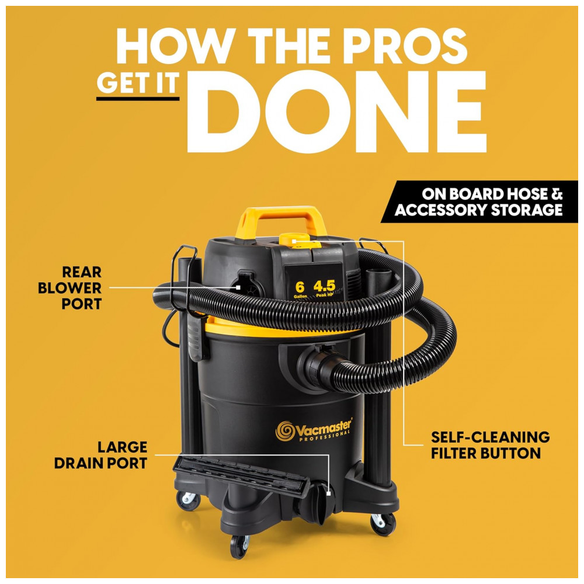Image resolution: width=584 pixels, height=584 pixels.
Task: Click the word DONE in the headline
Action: [336, 112]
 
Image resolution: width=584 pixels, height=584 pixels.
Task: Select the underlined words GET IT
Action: [138, 83]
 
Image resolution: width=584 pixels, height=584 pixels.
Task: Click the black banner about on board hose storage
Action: [479, 202]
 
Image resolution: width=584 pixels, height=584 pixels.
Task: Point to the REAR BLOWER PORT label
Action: [70, 288]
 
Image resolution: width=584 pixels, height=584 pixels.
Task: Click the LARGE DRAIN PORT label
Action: [101, 455]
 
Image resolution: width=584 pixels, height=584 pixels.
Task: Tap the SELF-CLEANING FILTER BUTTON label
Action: [490, 445]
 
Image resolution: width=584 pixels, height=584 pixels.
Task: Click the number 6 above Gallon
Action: [300, 287]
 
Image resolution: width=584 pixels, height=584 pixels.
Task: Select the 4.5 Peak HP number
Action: [324, 286]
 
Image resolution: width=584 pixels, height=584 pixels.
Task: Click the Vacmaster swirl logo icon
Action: [285, 431]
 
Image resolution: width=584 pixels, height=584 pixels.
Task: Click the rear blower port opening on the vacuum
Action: [246, 286]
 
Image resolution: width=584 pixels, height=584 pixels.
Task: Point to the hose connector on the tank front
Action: [315, 367]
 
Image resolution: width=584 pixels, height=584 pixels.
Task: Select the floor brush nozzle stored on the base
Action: [242, 475]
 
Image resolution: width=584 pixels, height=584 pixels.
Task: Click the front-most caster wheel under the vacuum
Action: [239, 546]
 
